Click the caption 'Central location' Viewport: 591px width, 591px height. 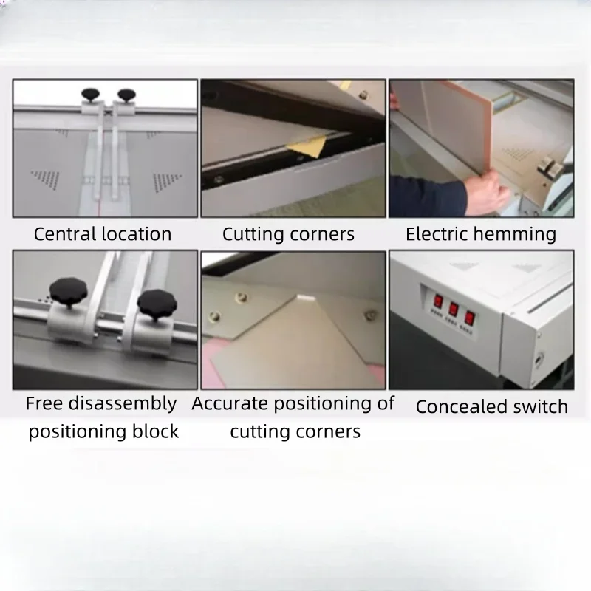point(103,235)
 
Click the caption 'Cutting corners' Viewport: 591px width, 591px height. point(288,235)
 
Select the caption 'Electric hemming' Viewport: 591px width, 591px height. point(481,235)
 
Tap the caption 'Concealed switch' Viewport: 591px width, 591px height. point(492,406)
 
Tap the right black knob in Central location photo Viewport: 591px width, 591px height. point(126,94)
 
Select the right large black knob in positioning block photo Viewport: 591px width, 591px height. point(155,301)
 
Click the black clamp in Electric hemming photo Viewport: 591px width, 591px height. point(550,167)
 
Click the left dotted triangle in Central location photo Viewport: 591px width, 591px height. point(46,178)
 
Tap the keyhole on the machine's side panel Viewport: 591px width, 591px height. point(539,361)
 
